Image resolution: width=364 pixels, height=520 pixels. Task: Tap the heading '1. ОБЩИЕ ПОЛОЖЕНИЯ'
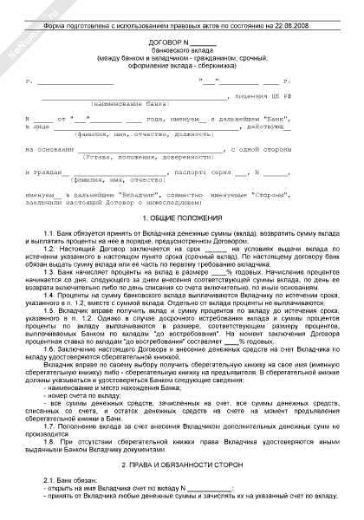point(182,218)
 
